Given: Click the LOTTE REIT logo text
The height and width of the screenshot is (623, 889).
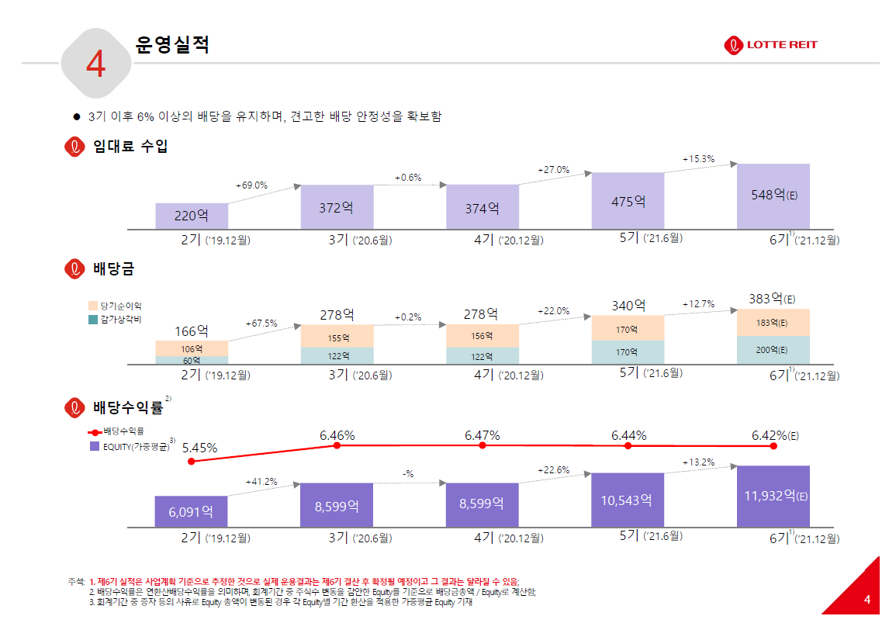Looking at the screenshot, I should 782,45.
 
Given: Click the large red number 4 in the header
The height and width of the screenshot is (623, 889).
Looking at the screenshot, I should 95,65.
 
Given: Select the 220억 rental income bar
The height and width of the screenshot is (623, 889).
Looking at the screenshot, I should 192,216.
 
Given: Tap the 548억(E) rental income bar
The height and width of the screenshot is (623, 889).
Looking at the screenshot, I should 773,196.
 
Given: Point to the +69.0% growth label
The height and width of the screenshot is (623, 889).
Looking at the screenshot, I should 251,185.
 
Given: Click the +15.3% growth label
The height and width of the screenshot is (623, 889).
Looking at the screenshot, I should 698,159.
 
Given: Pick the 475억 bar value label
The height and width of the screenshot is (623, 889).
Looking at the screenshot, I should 628,202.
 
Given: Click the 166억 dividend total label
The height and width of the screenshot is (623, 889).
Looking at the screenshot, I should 191,331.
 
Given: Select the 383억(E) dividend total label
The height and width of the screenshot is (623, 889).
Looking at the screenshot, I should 772,299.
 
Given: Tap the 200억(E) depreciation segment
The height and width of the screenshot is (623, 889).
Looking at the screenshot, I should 772,350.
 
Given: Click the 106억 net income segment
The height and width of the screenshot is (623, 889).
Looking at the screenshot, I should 192,348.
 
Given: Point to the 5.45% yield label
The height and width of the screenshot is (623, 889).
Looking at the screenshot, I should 199,448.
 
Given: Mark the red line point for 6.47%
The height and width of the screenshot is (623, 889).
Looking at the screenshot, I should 483,445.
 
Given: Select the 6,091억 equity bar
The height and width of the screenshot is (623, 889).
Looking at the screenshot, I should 192,511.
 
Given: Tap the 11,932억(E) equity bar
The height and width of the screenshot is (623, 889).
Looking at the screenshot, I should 773,496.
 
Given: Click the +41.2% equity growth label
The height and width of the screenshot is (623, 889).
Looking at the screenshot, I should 261,482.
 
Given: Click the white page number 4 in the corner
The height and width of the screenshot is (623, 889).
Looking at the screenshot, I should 867,600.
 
